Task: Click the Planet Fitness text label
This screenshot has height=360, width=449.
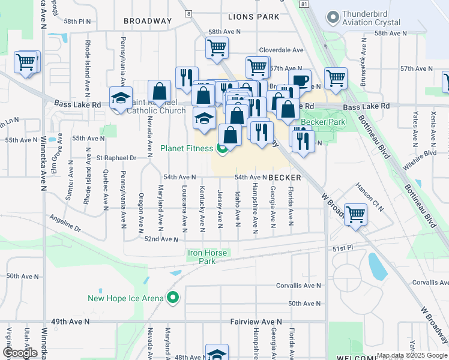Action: point(186,148)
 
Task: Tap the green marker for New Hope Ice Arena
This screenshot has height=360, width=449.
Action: point(173,298)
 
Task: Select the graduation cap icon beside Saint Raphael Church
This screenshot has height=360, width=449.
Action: point(121,98)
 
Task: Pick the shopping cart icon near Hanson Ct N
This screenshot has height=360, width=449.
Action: point(356,213)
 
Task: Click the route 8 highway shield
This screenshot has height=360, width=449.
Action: point(188,13)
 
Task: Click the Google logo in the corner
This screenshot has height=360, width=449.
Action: point(20,352)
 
